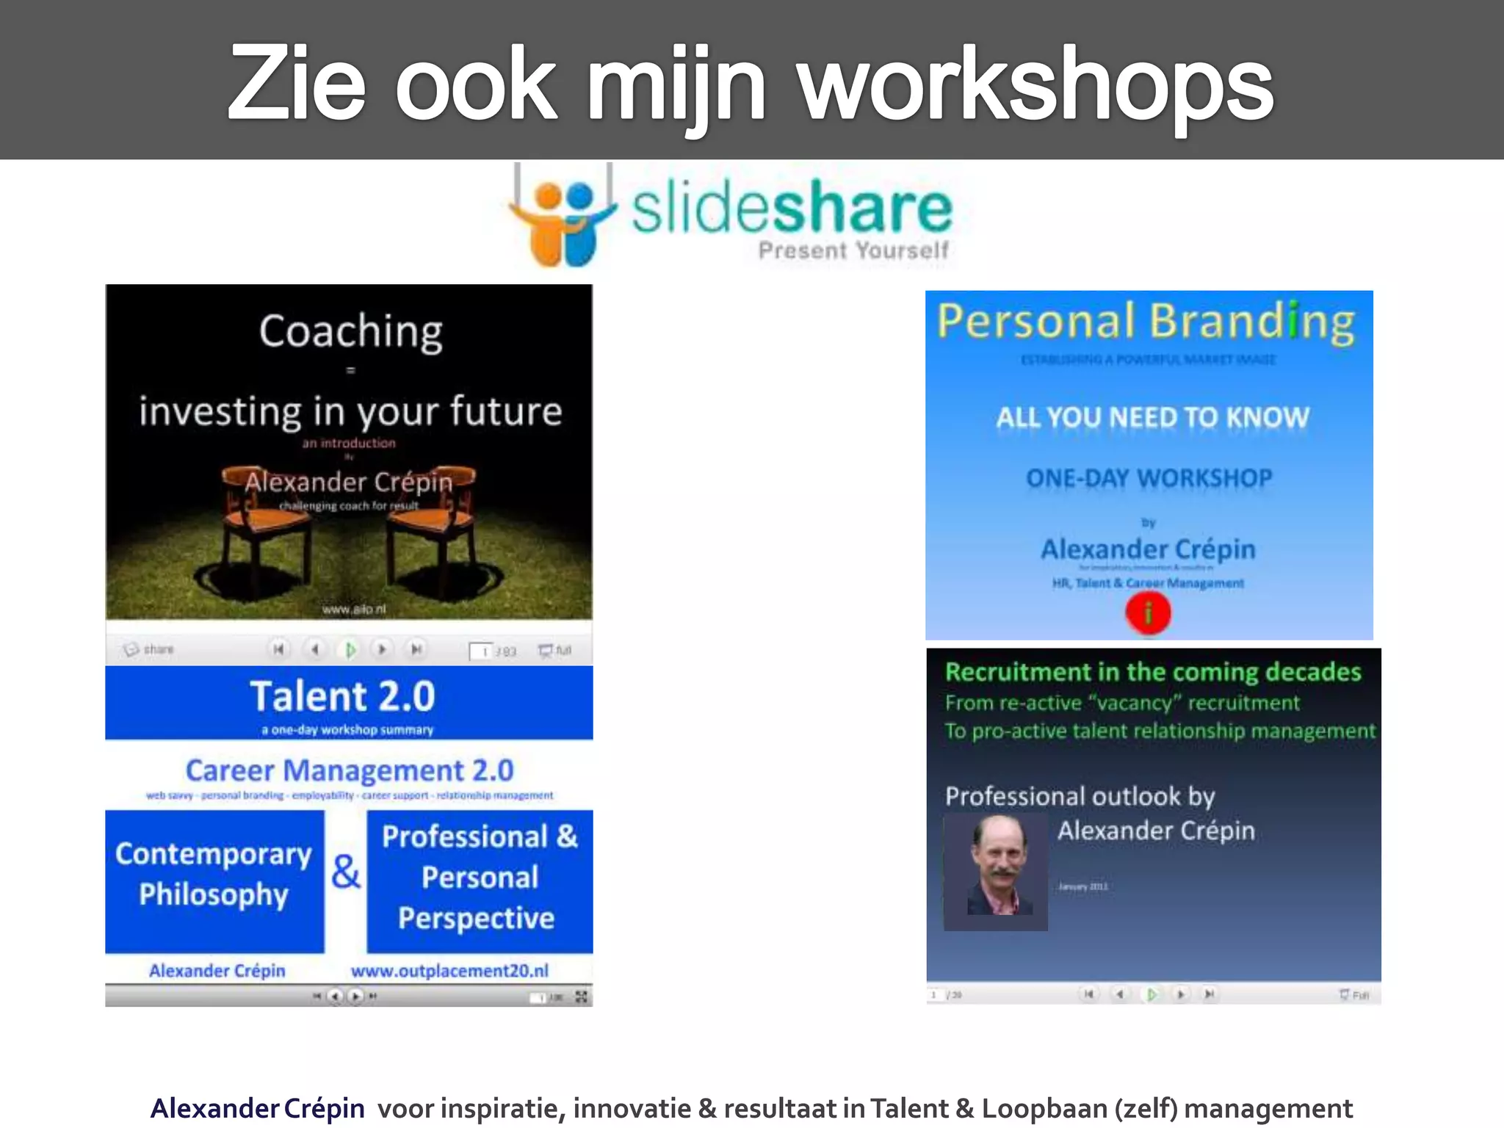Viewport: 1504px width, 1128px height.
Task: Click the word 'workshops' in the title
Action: click(1035, 84)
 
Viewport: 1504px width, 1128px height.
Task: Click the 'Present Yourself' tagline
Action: click(853, 251)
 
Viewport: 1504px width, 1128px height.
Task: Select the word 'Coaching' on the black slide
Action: click(350, 332)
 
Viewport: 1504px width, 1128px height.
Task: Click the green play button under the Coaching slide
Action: click(350, 650)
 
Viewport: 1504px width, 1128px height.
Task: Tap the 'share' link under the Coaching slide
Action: click(151, 650)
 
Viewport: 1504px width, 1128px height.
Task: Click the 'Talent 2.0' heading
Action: click(342, 696)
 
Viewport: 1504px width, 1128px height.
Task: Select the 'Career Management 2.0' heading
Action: click(350, 771)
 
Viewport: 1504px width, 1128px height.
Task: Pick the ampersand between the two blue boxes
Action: click(345, 872)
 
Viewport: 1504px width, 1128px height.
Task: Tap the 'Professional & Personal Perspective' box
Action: click(480, 878)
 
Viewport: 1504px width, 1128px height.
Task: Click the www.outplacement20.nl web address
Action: click(449, 971)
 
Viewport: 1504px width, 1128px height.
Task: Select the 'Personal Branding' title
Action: click(1146, 322)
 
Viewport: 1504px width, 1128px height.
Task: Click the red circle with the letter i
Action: click(1148, 612)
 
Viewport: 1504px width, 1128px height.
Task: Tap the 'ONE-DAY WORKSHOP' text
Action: click(1149, 479)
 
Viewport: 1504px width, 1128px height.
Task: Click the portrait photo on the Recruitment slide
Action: click(996, 872)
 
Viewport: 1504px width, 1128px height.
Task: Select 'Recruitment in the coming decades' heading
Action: click(1153, 673)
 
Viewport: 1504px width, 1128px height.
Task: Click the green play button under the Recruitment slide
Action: click(1151, 994)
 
